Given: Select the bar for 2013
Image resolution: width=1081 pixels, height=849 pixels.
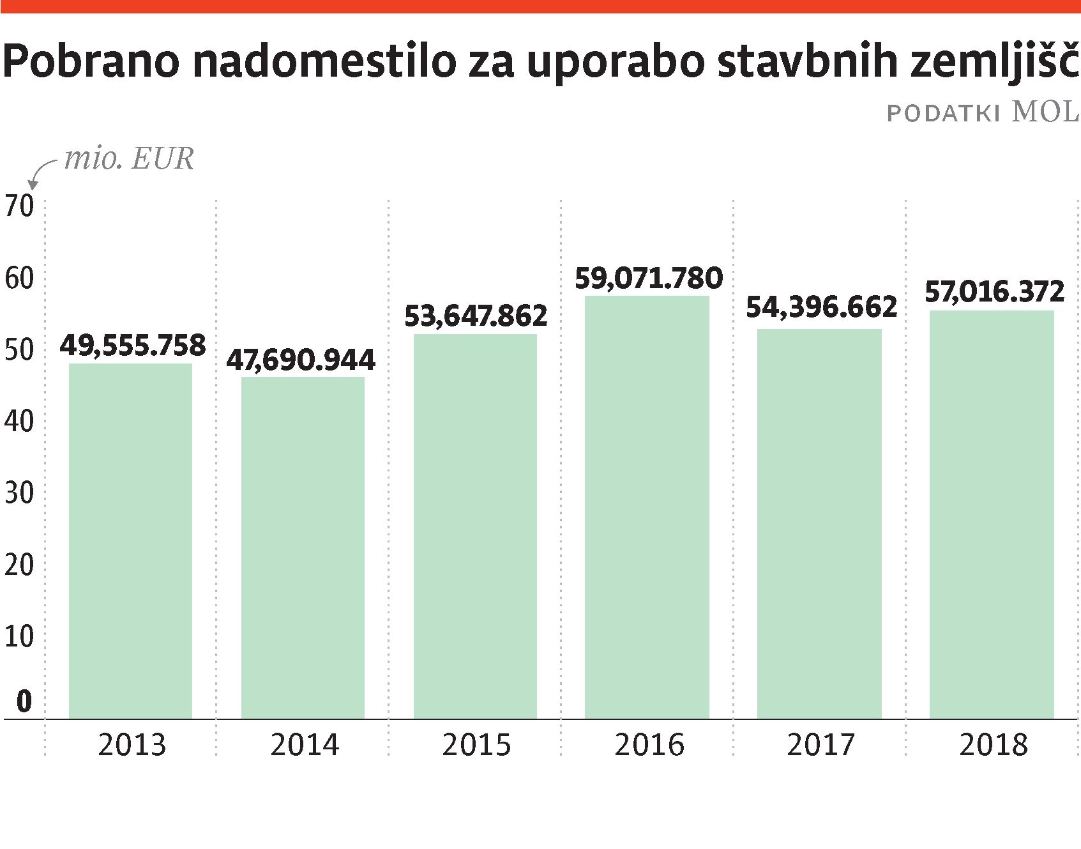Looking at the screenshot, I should (130, 541).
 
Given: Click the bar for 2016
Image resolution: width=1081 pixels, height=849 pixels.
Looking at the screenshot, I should (647, 507).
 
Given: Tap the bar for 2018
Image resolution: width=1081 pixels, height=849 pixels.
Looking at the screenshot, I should (992, 515).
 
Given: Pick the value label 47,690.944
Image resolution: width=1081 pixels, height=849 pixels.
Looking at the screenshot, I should (301, 360).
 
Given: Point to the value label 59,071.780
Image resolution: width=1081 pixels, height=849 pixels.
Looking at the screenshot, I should (649, 279).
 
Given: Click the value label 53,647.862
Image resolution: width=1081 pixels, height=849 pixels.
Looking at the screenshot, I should (476, 316).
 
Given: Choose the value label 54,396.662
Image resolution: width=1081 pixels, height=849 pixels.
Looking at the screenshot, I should (821, 307).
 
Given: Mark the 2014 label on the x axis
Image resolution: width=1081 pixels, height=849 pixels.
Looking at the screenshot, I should (305, 745).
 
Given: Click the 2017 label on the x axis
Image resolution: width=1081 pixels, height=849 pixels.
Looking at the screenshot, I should (820, 745).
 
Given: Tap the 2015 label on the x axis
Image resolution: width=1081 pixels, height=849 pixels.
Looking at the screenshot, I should (476, 745).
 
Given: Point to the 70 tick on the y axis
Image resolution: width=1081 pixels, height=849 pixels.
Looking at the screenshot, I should (19, 206).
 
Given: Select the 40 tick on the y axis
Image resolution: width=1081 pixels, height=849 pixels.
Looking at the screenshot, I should (19, 422).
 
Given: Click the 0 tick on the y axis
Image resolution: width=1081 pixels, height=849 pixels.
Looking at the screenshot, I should (24, 701).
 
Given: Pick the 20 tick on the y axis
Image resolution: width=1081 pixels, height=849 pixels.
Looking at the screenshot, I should (19, 565).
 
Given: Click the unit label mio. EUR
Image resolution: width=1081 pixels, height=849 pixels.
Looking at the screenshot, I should (129, 159).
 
